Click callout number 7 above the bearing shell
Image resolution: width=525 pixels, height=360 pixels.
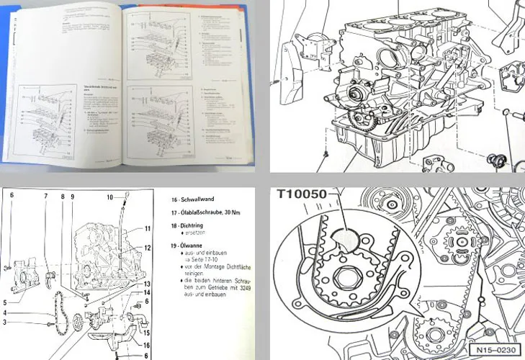point(45,197)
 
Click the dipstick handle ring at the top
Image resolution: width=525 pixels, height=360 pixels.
point(120,196)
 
